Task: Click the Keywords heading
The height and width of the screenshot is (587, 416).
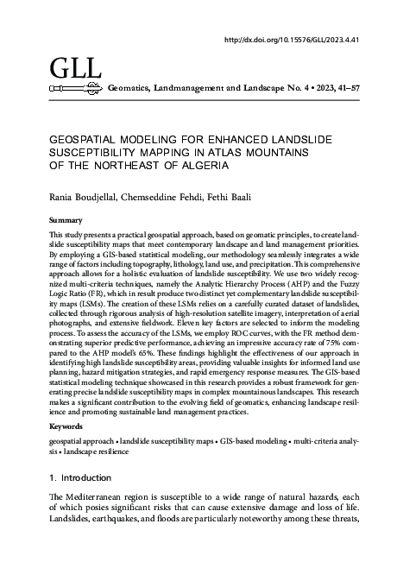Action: coord(67,426)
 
